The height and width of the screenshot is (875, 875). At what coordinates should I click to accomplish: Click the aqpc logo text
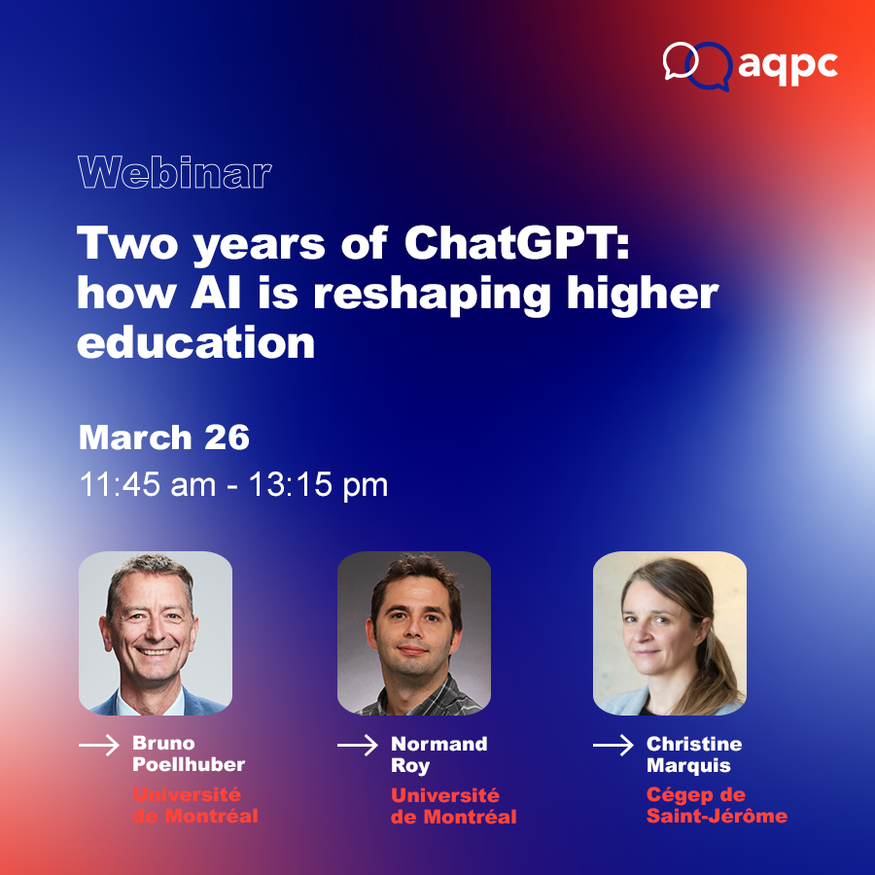pos(787,67)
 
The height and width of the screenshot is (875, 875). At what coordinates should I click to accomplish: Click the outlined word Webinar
pos(175,172)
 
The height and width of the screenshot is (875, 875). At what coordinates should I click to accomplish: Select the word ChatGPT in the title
pos(517,244)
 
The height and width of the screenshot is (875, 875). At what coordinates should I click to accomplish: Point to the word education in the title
pos(195,342)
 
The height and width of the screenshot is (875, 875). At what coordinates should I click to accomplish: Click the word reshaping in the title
pos(432,295)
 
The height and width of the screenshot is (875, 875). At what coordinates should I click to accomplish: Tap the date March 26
pos(164,437)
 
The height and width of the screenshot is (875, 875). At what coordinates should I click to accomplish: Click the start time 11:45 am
pos(148,484)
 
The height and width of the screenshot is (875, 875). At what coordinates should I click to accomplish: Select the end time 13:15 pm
pos(318,485)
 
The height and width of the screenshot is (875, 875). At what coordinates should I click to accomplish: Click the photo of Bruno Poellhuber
pos(156,633)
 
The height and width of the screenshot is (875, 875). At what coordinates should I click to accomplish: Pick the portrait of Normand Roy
pos(414,633)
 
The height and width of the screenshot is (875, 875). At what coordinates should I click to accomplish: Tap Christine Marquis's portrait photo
pos(670,633)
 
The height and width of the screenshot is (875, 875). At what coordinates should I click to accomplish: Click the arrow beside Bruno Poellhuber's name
pos(99,745)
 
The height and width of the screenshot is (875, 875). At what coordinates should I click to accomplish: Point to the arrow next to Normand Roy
pos(358,745)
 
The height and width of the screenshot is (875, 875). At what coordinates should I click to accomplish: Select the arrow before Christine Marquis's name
pos(613,745)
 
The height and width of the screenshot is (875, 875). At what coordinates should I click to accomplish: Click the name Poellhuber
pos(189,764)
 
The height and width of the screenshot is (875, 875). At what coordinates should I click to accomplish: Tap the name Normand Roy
pos(439,754)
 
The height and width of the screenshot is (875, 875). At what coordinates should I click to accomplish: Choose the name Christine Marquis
pos(694,754)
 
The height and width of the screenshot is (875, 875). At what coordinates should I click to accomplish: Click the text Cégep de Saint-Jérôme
pos(717,805)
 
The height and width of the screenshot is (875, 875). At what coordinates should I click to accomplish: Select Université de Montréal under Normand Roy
pos(454,806)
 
